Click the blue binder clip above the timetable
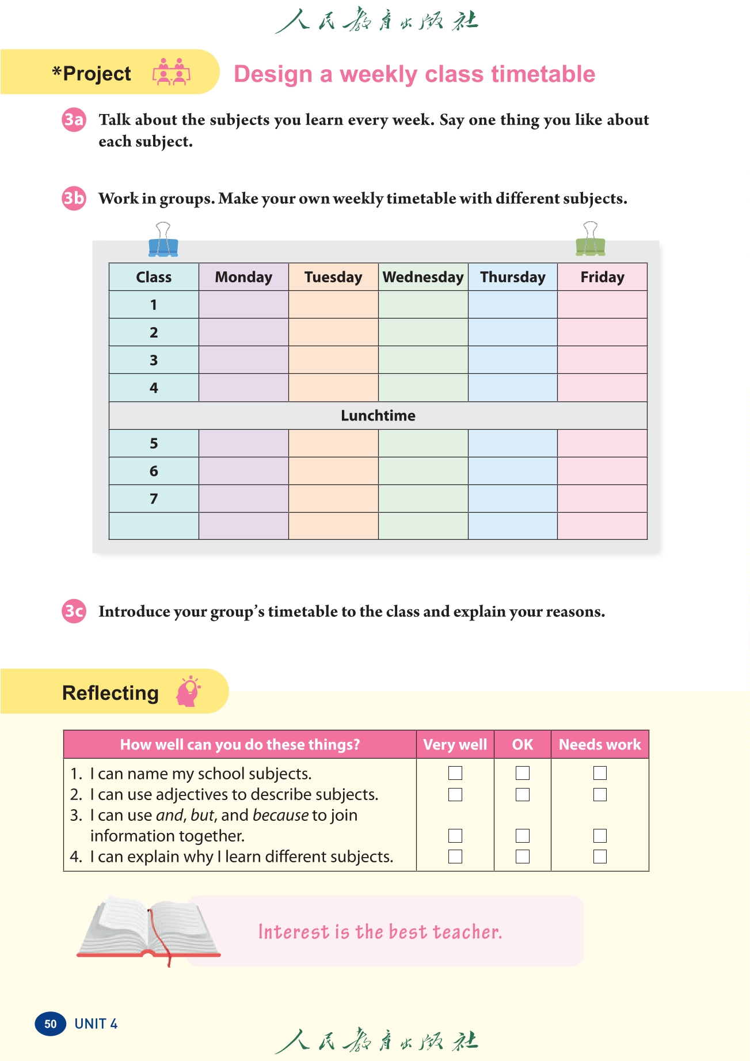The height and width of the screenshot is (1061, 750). click(163, 241)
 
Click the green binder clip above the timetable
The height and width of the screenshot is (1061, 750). click(590, 241)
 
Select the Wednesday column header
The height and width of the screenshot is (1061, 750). click(423, 277)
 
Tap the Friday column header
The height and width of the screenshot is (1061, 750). click(602, 277)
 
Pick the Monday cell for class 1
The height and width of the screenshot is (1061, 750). click(243, 305)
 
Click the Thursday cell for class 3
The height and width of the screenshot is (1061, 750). click(512, 360)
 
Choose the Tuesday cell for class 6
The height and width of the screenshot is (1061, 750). click(333, 471)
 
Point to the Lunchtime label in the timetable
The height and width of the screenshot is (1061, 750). click(378, 415)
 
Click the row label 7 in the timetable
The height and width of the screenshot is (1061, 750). click(154, 499)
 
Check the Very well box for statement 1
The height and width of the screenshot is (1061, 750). click(455, 773)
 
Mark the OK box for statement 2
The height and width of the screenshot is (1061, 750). click(523, 794)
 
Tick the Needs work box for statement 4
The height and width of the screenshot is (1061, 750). click(600, 857)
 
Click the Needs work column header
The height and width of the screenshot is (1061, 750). click(600, 745)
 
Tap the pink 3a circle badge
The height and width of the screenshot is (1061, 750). click(74, 120)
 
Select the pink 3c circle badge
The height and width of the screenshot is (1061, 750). click(74, 611)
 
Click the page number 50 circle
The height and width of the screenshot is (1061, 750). click(51, 1024)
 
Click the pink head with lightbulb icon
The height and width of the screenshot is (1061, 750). click(188, 692)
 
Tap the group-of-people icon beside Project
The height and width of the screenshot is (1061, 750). click(171, 73)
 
